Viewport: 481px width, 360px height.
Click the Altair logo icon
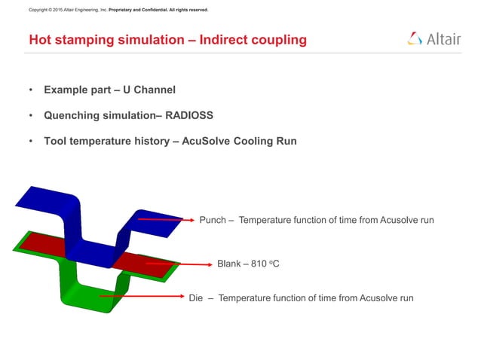point(414,38)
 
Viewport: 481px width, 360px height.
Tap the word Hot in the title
point(39,40)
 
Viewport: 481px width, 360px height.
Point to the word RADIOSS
point(189,114)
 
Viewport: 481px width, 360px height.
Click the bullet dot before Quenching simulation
point(31,115)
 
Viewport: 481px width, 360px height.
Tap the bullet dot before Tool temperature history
point(31,140)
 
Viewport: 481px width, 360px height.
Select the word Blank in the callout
point(230,264)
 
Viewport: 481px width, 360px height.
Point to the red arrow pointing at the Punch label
point(166,219)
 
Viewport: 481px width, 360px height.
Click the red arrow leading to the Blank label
point(177,264)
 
